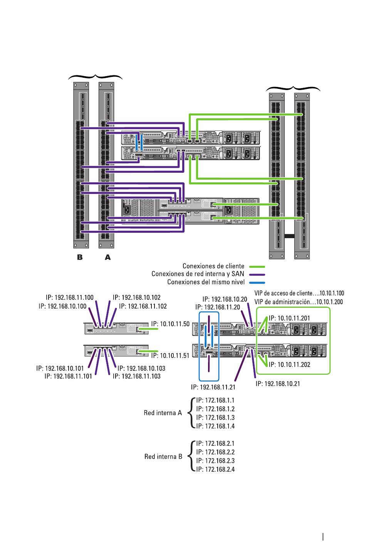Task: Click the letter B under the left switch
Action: coord(80,257)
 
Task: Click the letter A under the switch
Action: coord(107,257)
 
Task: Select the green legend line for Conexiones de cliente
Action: coord(257,267)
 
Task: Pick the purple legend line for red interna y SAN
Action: coord(257,275)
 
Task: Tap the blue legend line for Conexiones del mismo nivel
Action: coord(257,283)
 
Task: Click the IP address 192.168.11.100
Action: coord(70,297)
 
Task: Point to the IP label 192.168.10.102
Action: coord(137,297)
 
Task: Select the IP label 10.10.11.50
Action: coord(170,324)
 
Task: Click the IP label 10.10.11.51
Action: coord(170,356)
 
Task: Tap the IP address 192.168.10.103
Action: coord(141,369)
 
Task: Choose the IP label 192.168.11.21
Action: coord(213,387)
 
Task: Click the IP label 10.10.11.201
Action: coord(289,318)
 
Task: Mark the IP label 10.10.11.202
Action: coord(289,365)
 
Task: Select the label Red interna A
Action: coord(163,413)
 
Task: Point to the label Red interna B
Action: coord(163,457)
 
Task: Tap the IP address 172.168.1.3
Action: coord(215,417)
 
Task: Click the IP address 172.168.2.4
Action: coord(215,469)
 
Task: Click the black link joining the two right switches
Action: coord(289,236)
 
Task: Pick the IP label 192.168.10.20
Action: coord(225,299)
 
